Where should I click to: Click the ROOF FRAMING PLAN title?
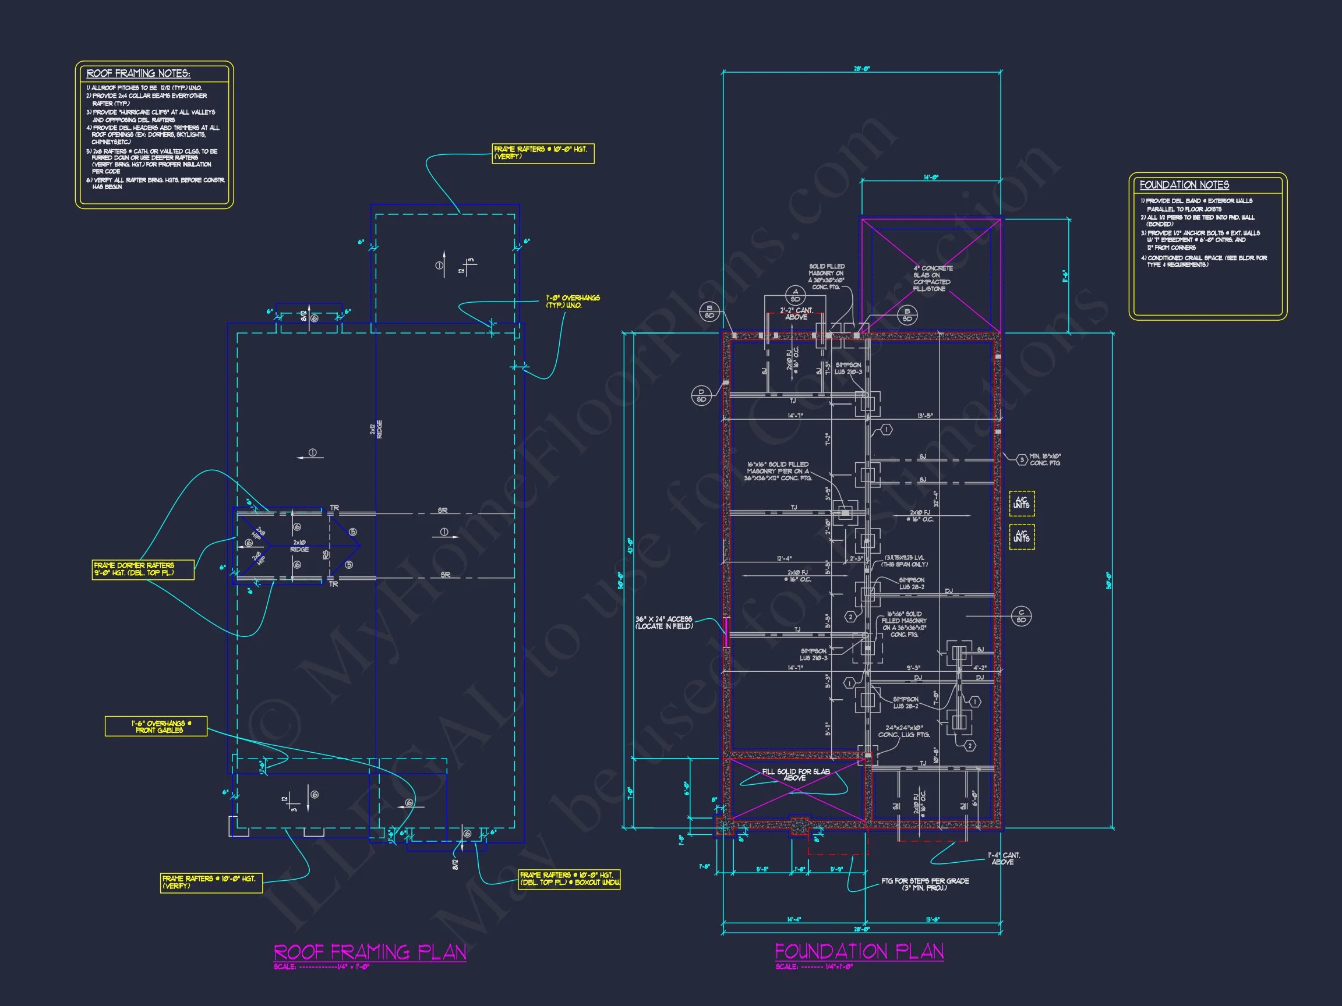coord(370,951)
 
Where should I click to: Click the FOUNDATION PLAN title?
coord(859,951)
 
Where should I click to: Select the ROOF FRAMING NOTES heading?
coord(138,73)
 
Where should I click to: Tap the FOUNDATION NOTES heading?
coord(1184,185)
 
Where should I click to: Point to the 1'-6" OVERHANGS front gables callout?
coord(157,727)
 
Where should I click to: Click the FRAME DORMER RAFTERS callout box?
coord(143,569)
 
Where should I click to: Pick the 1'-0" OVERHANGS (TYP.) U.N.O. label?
coord(572,302)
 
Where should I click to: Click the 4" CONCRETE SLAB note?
coord(933,278)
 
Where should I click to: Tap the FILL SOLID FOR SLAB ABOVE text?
coord(796,774)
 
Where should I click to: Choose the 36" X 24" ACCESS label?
coord(664,623)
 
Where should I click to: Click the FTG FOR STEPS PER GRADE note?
coord(924,884)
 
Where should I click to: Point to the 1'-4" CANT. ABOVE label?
coord(1004,859)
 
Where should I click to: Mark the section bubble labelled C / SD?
coord(1021,616)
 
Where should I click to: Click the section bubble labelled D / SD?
coord(701,395)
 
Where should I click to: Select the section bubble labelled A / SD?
coord(796,295)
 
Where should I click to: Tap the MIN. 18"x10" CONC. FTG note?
coord(1045,460)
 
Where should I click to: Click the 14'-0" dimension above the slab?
coord(931,178)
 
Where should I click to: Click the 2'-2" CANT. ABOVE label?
coord(796,314)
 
